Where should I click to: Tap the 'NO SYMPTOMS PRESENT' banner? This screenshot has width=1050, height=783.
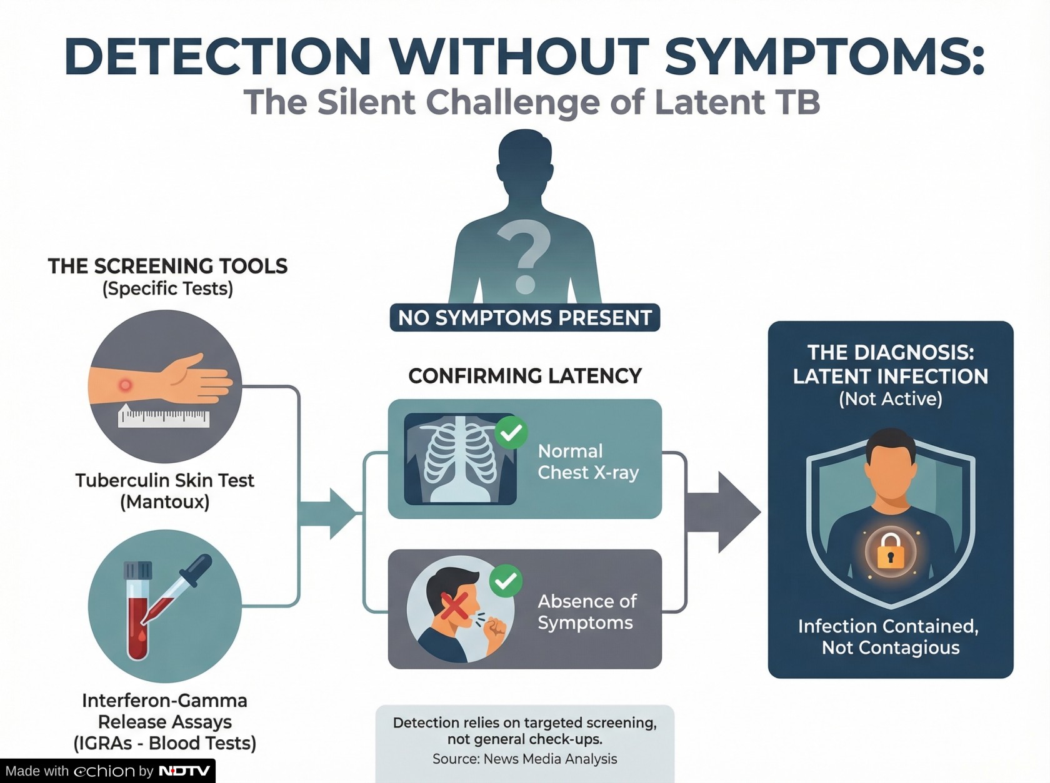coord(525,318)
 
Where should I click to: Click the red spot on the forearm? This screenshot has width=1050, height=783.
coord(126,385)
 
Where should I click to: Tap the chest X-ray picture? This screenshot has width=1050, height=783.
coord(460,459)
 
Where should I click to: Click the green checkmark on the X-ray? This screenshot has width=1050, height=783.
coord(511,432)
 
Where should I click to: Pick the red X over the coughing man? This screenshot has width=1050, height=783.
coord(454,606)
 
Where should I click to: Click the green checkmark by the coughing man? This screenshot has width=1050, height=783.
coord(506,581)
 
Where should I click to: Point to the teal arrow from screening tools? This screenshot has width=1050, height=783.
coord(328,513)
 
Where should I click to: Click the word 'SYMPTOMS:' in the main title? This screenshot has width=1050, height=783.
coord(824,56)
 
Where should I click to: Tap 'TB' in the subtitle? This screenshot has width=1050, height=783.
coord(799,102)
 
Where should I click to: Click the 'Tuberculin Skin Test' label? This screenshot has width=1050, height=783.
coord(165,480)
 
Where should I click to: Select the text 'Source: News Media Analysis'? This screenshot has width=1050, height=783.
coord(525,759)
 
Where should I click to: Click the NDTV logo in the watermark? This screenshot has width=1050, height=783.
coord(184,771)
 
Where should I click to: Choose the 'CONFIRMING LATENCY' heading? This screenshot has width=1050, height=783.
coord(525,376)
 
